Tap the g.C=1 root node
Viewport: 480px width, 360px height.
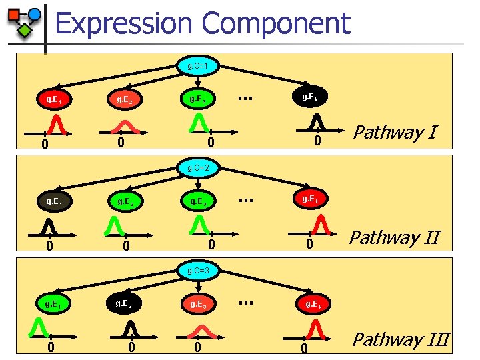pyautogui.click(x=199, y=66)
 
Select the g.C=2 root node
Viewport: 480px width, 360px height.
pyautogui.click(x=199, y=167)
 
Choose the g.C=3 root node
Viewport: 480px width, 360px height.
pyautogui.click(x=199, y=271)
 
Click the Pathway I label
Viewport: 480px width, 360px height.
pyautogui.click(x=395, y=132)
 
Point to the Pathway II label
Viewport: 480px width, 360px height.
pyautogui.click(x=395, y=237)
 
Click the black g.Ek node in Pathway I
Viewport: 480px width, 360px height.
pyautogui.click(x=311, y=97)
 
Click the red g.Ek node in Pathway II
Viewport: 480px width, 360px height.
pyautogui.click(x=311, y=199)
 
